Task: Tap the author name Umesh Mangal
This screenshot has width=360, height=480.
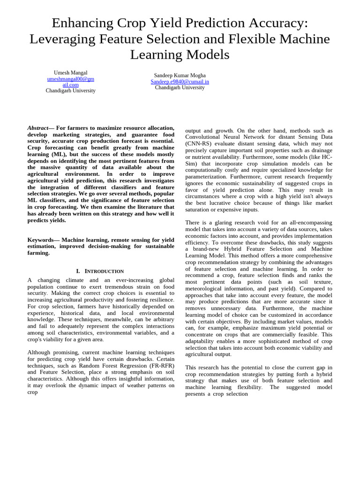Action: pyautogui.click(x=70, y=73)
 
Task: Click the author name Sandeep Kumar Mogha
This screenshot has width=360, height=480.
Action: pyautogui.click(x=180, y=75)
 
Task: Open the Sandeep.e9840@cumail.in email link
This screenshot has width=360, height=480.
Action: pyautogui.click(x=180, y=82)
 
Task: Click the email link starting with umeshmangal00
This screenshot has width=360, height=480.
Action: pyautogui.click(x=70, y=79)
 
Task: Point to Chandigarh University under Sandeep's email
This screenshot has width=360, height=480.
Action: pyautogui.click(x=180, y=88)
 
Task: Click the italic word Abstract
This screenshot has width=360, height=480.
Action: pyautogui.click(x=38, y=128)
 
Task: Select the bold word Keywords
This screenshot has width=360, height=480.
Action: pyautogui.click(x=41, y=240)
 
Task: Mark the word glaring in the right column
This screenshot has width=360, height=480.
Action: pyautogui.click(x=221, y=223)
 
